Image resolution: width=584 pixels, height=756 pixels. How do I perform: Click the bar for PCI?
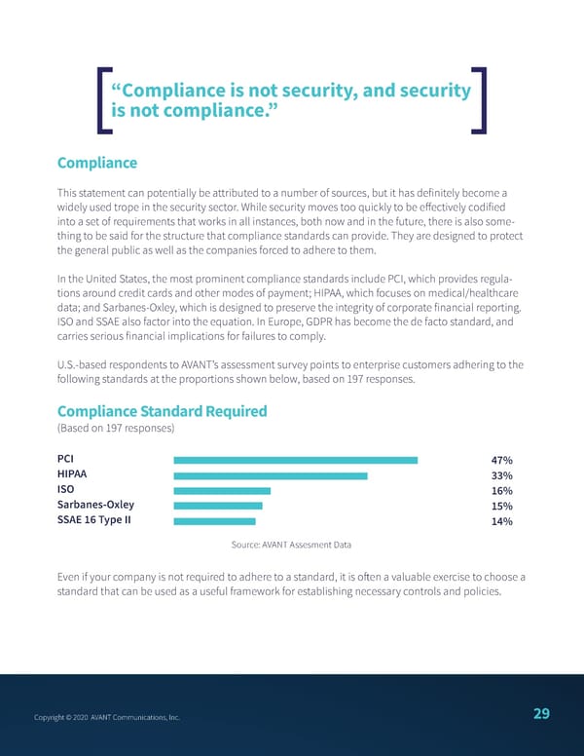click(295, 460)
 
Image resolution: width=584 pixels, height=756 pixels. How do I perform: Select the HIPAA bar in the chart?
click(270, 475)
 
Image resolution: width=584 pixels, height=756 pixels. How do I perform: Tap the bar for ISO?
click(221, 491)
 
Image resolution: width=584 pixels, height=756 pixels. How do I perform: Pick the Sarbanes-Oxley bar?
click(217, 506)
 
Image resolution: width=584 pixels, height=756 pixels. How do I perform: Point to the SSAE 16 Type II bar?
click(213, 521)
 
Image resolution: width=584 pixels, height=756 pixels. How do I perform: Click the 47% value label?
click(502, 461)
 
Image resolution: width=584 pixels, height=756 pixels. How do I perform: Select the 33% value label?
click(502, 476)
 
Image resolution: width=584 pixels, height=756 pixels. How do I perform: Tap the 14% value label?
click(502, 522)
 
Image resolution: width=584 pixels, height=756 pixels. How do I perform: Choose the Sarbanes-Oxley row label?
click(95, 505)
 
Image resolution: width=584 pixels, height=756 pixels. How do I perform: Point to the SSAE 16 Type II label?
click(94, 520)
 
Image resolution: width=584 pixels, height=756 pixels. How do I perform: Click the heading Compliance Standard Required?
click(162, 411)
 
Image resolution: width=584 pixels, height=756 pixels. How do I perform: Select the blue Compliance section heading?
click(97, 163)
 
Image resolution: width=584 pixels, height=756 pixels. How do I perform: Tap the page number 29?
click(541, 714)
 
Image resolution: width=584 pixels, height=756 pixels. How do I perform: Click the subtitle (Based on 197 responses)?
click(116, 429)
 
